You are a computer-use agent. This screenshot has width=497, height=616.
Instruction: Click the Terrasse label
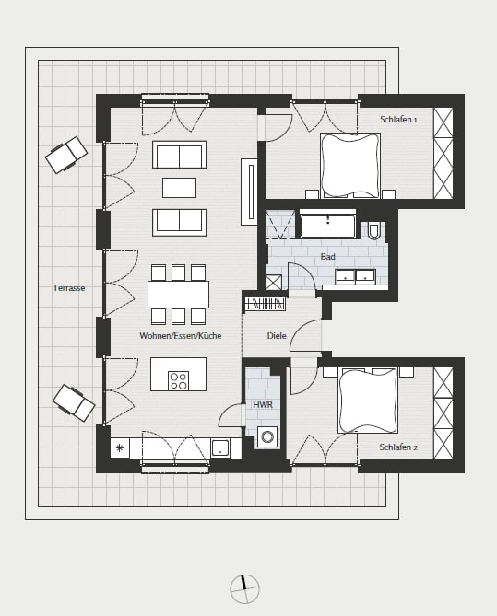(69, 288)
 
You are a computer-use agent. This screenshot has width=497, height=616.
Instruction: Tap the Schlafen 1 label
(398, 120)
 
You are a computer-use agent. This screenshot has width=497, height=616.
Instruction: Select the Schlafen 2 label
(398, 447)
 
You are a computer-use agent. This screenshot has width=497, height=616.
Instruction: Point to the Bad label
(327, 257)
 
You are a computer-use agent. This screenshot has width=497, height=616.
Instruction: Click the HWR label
(263, 404)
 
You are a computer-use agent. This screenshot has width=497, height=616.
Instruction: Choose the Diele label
(277, 336)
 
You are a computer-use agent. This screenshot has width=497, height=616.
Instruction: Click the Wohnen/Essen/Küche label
(180, 336)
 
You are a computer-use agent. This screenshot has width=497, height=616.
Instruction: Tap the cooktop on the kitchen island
(178, 380)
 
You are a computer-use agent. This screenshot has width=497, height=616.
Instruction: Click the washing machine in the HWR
(268, 437)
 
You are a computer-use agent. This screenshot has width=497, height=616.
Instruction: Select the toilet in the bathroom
(373, 230)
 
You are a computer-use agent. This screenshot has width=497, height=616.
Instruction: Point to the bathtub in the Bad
(327, 224)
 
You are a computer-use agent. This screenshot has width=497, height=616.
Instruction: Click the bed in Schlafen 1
(350, 165)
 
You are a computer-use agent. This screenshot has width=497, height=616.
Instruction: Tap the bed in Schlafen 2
(368, 401)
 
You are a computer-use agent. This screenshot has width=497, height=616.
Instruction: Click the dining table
(178, 295)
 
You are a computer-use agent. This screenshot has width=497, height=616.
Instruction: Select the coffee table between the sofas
(179, 188)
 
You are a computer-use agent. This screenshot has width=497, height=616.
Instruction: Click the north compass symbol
(244, 589)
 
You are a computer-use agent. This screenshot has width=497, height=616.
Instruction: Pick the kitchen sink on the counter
(220, 448)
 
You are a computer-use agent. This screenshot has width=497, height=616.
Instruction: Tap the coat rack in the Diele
(265, 304)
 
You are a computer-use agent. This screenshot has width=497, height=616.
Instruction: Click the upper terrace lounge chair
(66, 155)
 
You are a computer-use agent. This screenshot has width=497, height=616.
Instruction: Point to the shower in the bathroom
(280, 225)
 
